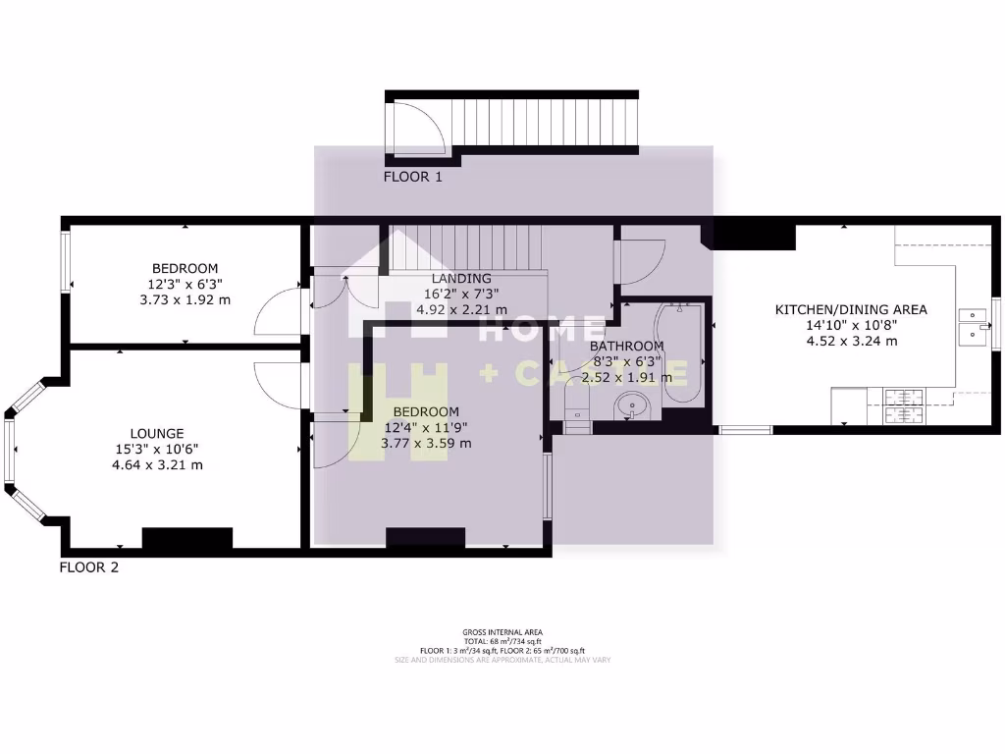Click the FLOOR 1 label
pyautogui.click(x=413, y=178)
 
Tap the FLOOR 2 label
pyautogui.click(x=89, y=566)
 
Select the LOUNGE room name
pyautogui.click(x=157, y=433)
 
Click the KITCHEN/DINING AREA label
pyautogui.click(x=851, y=309)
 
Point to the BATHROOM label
pyautogui.click(x=626, y=346)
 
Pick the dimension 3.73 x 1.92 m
pyautogui.click(x=185, y=299)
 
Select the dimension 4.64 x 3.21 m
pyautogui.click(x=157, y=464)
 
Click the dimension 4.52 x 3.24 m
pyautogui.click(x=851, y=341)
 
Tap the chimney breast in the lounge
pyautogui.click(x=187, y=538)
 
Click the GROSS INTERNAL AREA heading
pyautogui.click(x=502, y=632)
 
